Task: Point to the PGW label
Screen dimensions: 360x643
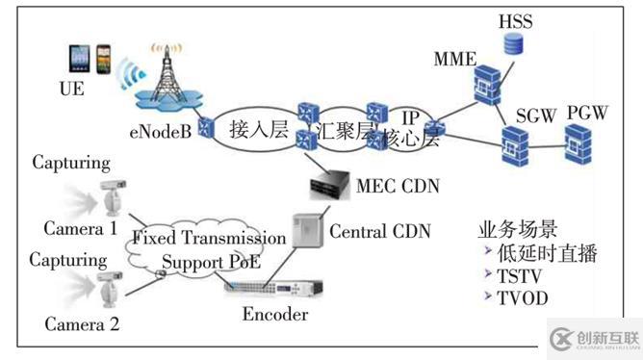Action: click(586, 113)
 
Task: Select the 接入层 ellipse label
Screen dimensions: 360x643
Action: click(259, 128)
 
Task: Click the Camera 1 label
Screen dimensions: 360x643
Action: click(81, 228)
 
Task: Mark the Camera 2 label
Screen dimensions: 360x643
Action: click(81, 324)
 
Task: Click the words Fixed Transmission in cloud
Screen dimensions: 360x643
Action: click(209, 238)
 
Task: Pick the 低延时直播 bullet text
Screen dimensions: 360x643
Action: click(545, 254)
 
